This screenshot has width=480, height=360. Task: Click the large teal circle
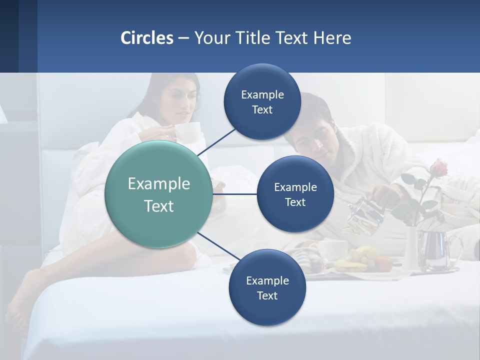tap(158, 194)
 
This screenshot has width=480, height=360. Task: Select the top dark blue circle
tap(262, 101)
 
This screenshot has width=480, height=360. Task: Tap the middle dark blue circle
tap(295, 194)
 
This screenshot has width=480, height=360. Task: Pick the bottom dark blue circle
tap(267, 287)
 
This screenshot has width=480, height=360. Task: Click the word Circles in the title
tap(146, 37)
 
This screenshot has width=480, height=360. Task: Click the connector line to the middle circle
tap(235, 193)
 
